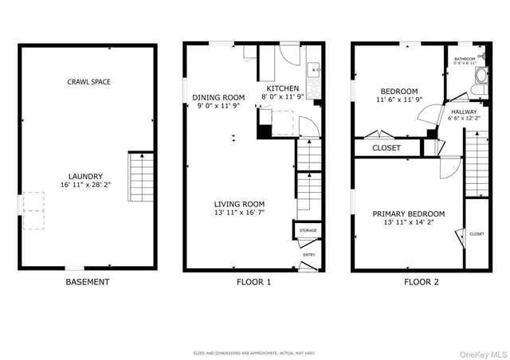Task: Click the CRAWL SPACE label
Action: click(x=89, y=82)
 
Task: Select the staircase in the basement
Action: click(x=139, y=178)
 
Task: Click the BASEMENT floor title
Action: click(x=88, y=282)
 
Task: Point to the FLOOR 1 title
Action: click(x=253, y=282)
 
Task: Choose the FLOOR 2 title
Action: click(x=421, y=282)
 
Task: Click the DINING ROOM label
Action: click(x=218, y=97)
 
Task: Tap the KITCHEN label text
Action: click(x=283, y=88)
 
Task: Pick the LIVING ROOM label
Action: click(x=236, y=204)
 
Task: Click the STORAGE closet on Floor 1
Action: click(x=308, y=231)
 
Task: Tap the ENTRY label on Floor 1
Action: click(x=308, y=255)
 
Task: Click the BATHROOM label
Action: click(x=465, y=59)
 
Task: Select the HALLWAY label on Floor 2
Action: click(x=465, y=112)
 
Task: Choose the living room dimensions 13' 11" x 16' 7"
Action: click(x=236, y=213)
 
